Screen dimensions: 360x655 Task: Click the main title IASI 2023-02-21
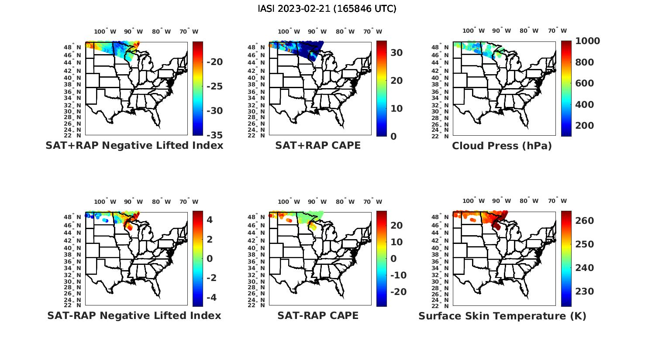327,8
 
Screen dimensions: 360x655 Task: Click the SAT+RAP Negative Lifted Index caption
134,145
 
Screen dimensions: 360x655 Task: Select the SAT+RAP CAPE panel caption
318,145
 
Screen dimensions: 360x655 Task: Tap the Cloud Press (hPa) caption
502,146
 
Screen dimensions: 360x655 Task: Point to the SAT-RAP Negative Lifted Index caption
134,315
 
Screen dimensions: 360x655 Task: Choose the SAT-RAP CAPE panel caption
318,315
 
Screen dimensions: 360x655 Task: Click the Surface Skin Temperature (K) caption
502,316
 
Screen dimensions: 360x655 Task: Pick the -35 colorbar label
214,135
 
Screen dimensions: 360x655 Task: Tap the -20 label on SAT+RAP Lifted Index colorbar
214,62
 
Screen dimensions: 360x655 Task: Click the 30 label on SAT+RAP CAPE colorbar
396,52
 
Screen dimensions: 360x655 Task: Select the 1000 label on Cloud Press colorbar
587,41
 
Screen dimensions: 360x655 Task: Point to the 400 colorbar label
584,104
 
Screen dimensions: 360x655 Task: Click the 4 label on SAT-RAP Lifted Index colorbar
210,219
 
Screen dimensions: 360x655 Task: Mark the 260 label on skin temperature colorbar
584,221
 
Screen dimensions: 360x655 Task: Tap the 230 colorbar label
584,291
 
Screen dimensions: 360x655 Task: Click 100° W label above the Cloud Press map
473,31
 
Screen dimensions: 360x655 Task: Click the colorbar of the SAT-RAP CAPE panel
381,258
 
